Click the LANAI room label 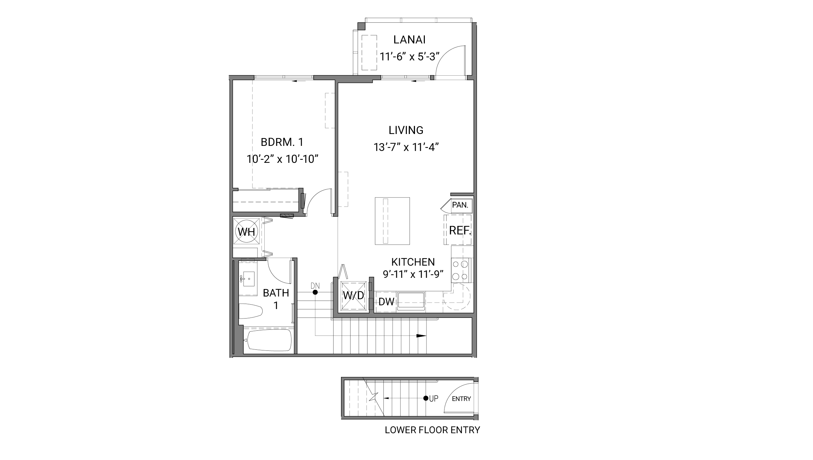pyautogui.click(x=409, y=40)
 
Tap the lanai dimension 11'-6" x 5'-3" pyautogui.click(x=409, y=56)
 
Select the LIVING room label pyautogui.click(x=406, y=130)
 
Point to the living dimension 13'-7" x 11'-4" pyautogui.click(x=406, y=147)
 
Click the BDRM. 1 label pyautogui.click(x=282, y=142)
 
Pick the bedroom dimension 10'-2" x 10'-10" pyautogui.click(x=282, y=159)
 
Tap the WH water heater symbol pyautogui.click(x=246, y=232)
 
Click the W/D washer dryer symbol pyautogui.click(x=354, y=295)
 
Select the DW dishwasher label pyautogui.click(x=386, y=302)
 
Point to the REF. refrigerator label pyautogui.click(x=459, y=231)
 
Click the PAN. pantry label pyautogui.click(x=460, y=205)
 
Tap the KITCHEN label pyautogui.click(x=413, y=262)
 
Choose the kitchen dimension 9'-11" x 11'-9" pyautogui.click(x=413, y=274)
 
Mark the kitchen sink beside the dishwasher pyautogui.click(x=411, y=301)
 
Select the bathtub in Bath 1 pyautogui.click(x=269, y=340)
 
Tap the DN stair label pyautogui.click(x=315, y=286)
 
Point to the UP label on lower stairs pyautogui.click(x=434, y=399)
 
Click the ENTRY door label pyautogui.click(x=461, y=399)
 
